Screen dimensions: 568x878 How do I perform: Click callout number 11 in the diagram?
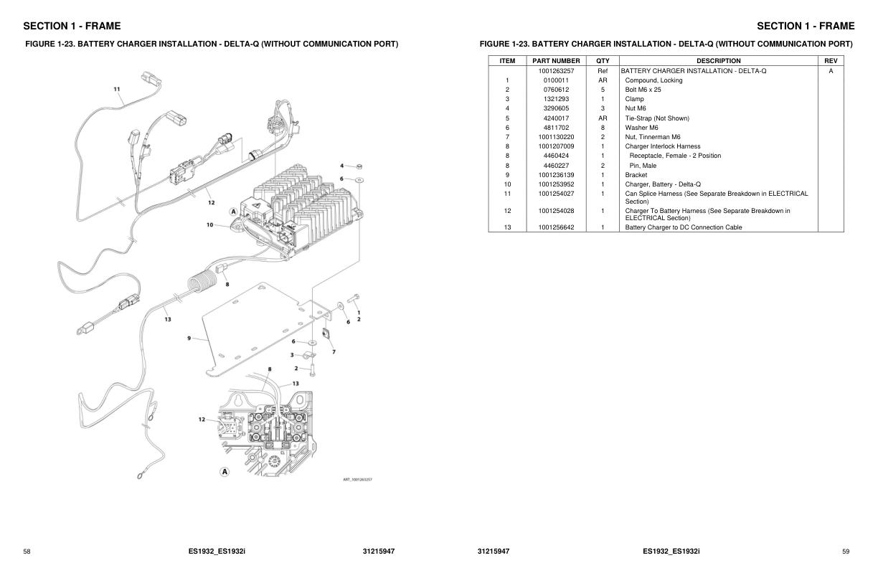tap(117, 90)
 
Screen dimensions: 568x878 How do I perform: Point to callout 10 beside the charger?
tap(209, 224)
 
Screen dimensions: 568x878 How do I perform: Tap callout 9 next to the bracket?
tap(189, 338)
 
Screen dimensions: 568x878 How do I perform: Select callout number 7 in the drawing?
tap(334, 351)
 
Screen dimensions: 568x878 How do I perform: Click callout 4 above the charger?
tap(341, 166)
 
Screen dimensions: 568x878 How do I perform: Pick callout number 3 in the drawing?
tap(292, 354)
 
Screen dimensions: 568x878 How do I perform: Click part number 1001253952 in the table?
tap(556, 184)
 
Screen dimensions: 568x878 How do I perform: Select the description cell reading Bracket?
tap(636, 175)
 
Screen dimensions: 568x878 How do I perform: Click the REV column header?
tap(831, 61)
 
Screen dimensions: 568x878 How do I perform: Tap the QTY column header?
tap(603, 61)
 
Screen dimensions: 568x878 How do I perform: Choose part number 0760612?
tap(556, 90)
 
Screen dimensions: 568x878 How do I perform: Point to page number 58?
tap(27, 552)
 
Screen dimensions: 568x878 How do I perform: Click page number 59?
tap(846, 552)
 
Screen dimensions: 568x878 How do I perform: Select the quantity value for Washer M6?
tap(603, 128)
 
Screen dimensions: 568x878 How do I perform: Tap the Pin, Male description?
tap(643, 166)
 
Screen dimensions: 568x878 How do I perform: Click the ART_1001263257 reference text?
tap(357, 479)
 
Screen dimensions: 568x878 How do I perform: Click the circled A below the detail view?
tap(225, 471)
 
